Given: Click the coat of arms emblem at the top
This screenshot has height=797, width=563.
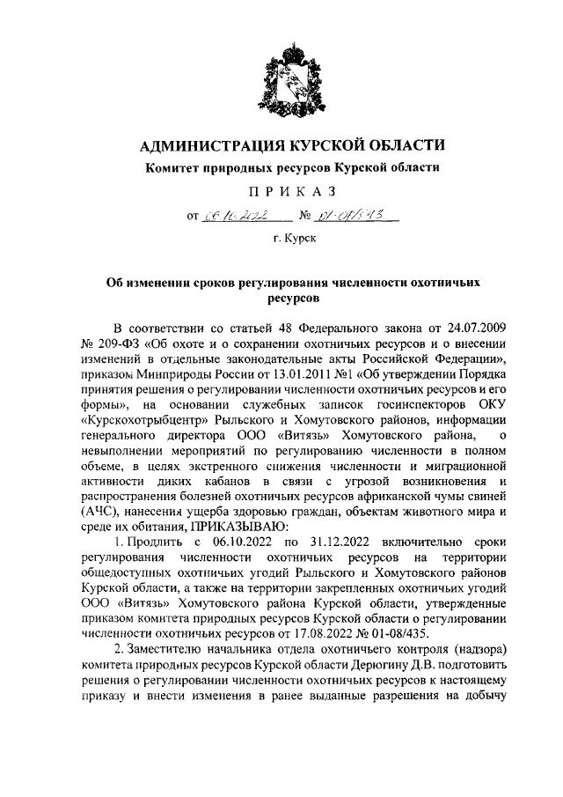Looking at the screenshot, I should (281, 83).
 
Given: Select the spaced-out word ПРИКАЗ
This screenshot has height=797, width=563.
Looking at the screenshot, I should (281, 192).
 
